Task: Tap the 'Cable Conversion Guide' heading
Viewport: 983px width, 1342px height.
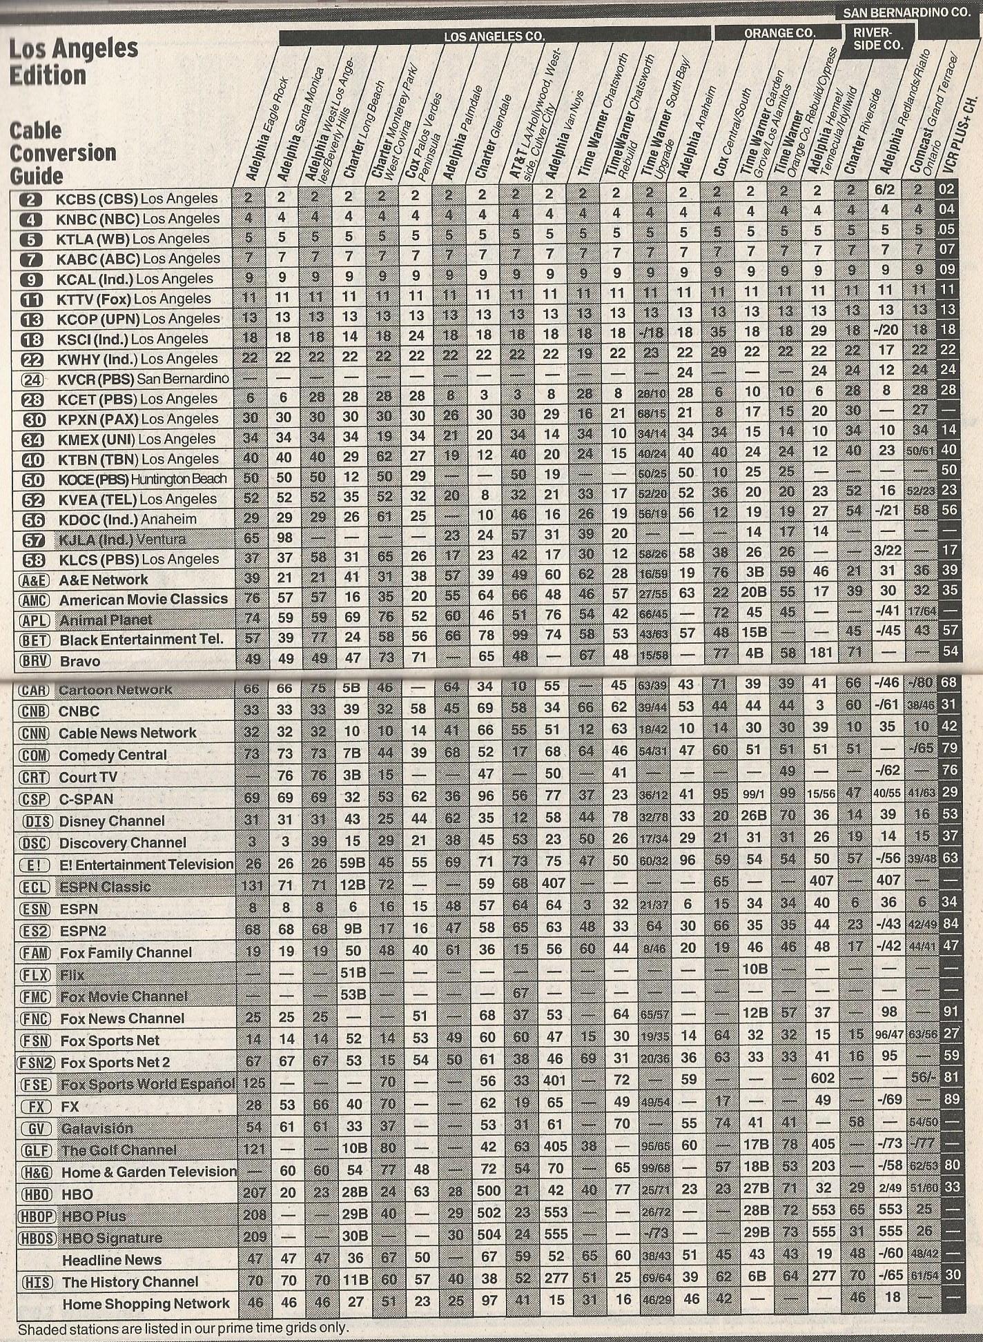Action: [63, 152]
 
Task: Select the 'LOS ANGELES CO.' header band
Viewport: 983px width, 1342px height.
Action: [494, 36]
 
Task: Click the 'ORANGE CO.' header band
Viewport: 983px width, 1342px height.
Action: [779, 32]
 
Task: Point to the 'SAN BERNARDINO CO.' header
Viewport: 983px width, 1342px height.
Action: [906, 12]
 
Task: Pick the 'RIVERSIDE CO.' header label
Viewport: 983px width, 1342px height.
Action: [877, 39]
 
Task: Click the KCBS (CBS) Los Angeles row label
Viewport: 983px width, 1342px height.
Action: [136, 199]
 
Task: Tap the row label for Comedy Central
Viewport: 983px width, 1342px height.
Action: [113, 755]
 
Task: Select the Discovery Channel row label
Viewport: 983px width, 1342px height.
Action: [122, 842]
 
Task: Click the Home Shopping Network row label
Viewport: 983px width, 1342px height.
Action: [146, 1303]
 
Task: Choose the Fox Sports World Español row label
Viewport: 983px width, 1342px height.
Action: [148, 1084]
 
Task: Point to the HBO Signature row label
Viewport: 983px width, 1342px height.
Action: [112, 1238]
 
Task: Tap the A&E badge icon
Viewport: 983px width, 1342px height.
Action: [33, 580]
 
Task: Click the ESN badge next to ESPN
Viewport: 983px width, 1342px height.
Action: [35, 909]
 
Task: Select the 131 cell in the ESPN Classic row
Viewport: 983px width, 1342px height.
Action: [253, 886]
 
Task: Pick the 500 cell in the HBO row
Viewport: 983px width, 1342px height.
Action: [488, 1191]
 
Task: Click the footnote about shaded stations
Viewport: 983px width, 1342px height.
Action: [183, 1328]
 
